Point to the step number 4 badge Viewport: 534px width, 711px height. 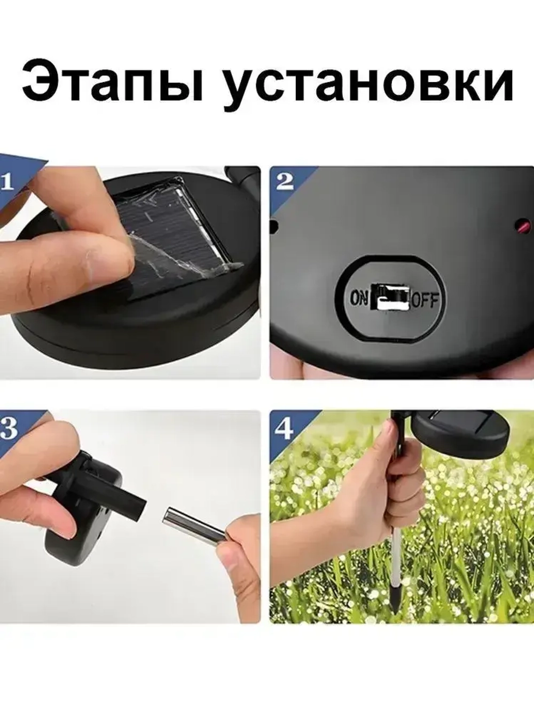click(284, 429)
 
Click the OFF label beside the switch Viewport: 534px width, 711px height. click(425, 300)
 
